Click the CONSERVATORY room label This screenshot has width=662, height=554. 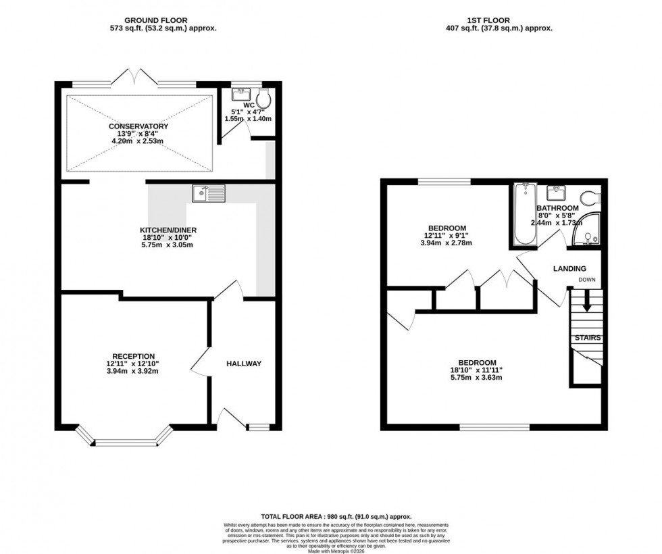click(138, 126)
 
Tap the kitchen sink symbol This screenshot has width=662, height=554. click(208, 194)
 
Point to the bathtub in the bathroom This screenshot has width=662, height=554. click(524, 216)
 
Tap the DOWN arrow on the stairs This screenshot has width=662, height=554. click(586, 301)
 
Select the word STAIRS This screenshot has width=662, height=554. click(588, 338)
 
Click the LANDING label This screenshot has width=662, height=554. click(569, 269)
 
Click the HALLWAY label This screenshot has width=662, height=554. click(243, 363)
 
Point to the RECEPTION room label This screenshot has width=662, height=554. click(134, 356)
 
